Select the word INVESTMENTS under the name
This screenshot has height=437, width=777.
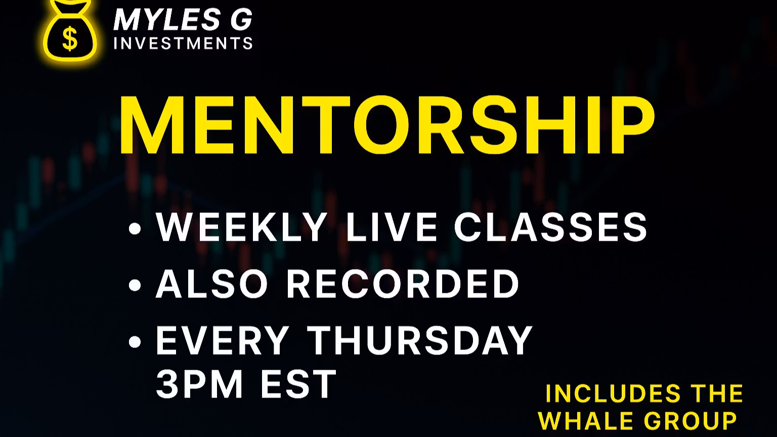point(183,43)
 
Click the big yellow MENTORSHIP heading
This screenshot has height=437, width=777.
point(387,125)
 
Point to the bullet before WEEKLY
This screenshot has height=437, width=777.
point(135,229)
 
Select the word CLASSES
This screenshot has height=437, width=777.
point(551,227)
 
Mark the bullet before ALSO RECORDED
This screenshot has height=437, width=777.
point(135,285)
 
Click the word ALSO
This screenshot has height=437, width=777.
point(211,284)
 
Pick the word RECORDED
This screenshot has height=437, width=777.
point(403,284)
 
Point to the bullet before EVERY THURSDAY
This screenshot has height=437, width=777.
point(135,342)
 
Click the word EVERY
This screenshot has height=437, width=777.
point(223,340)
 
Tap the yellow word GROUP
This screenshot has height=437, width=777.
point(690,421)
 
